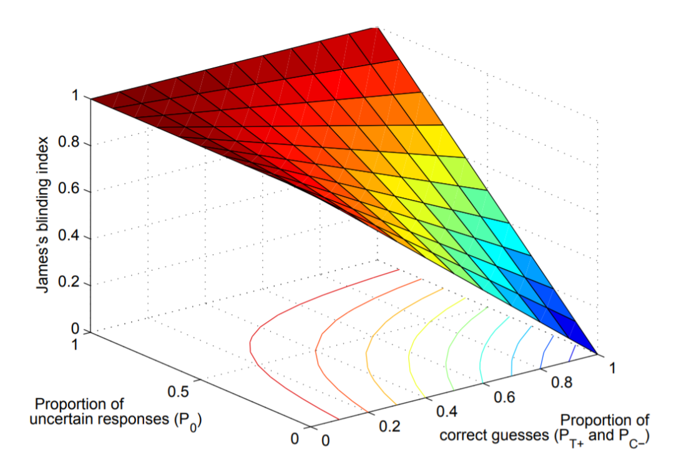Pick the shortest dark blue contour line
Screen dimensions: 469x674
click(571, 354)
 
